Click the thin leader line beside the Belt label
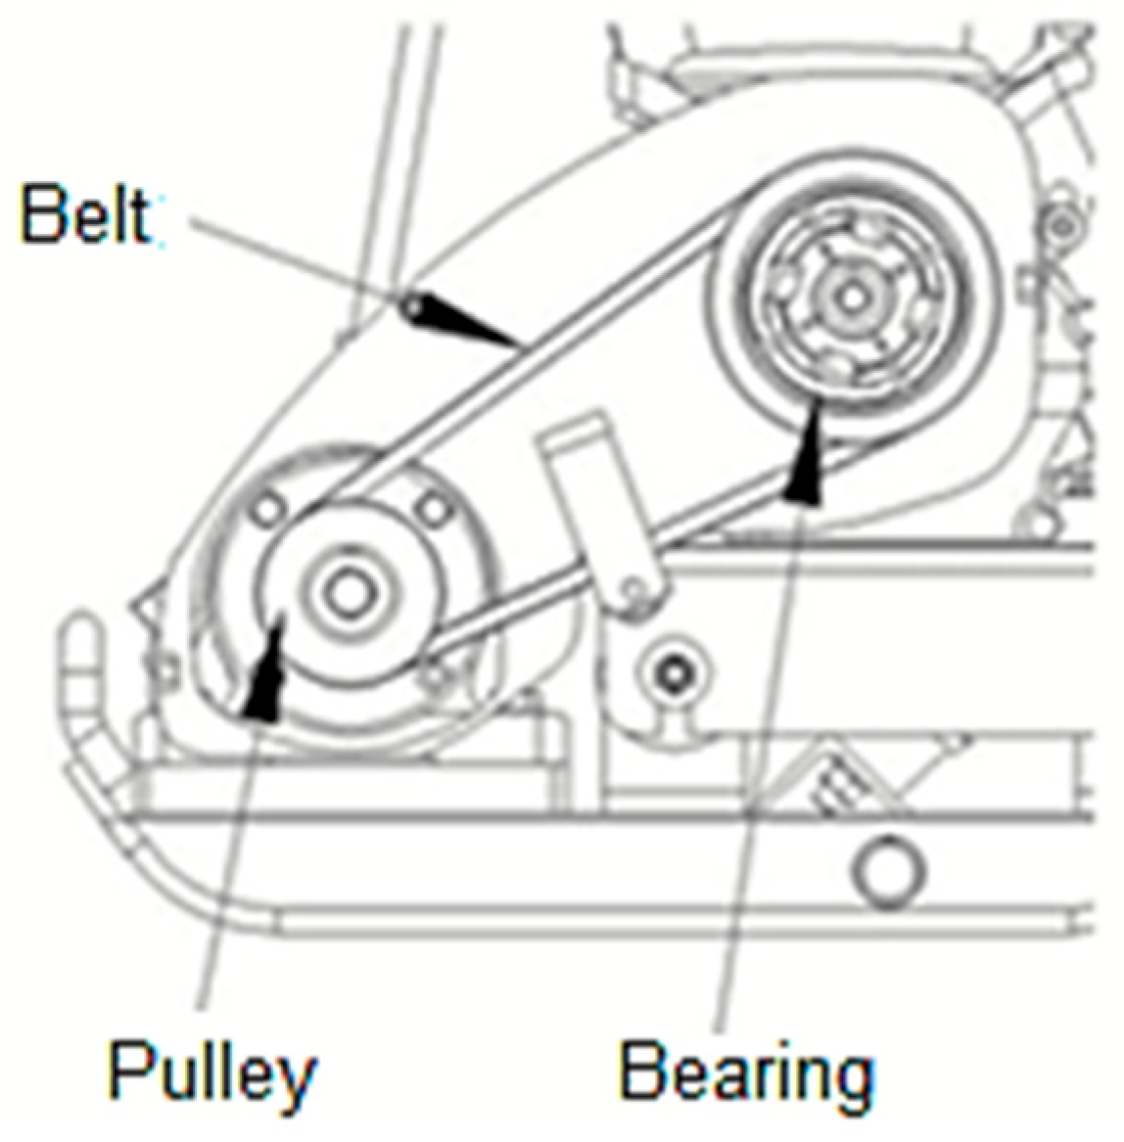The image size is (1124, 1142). click(x=296, y=254)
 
